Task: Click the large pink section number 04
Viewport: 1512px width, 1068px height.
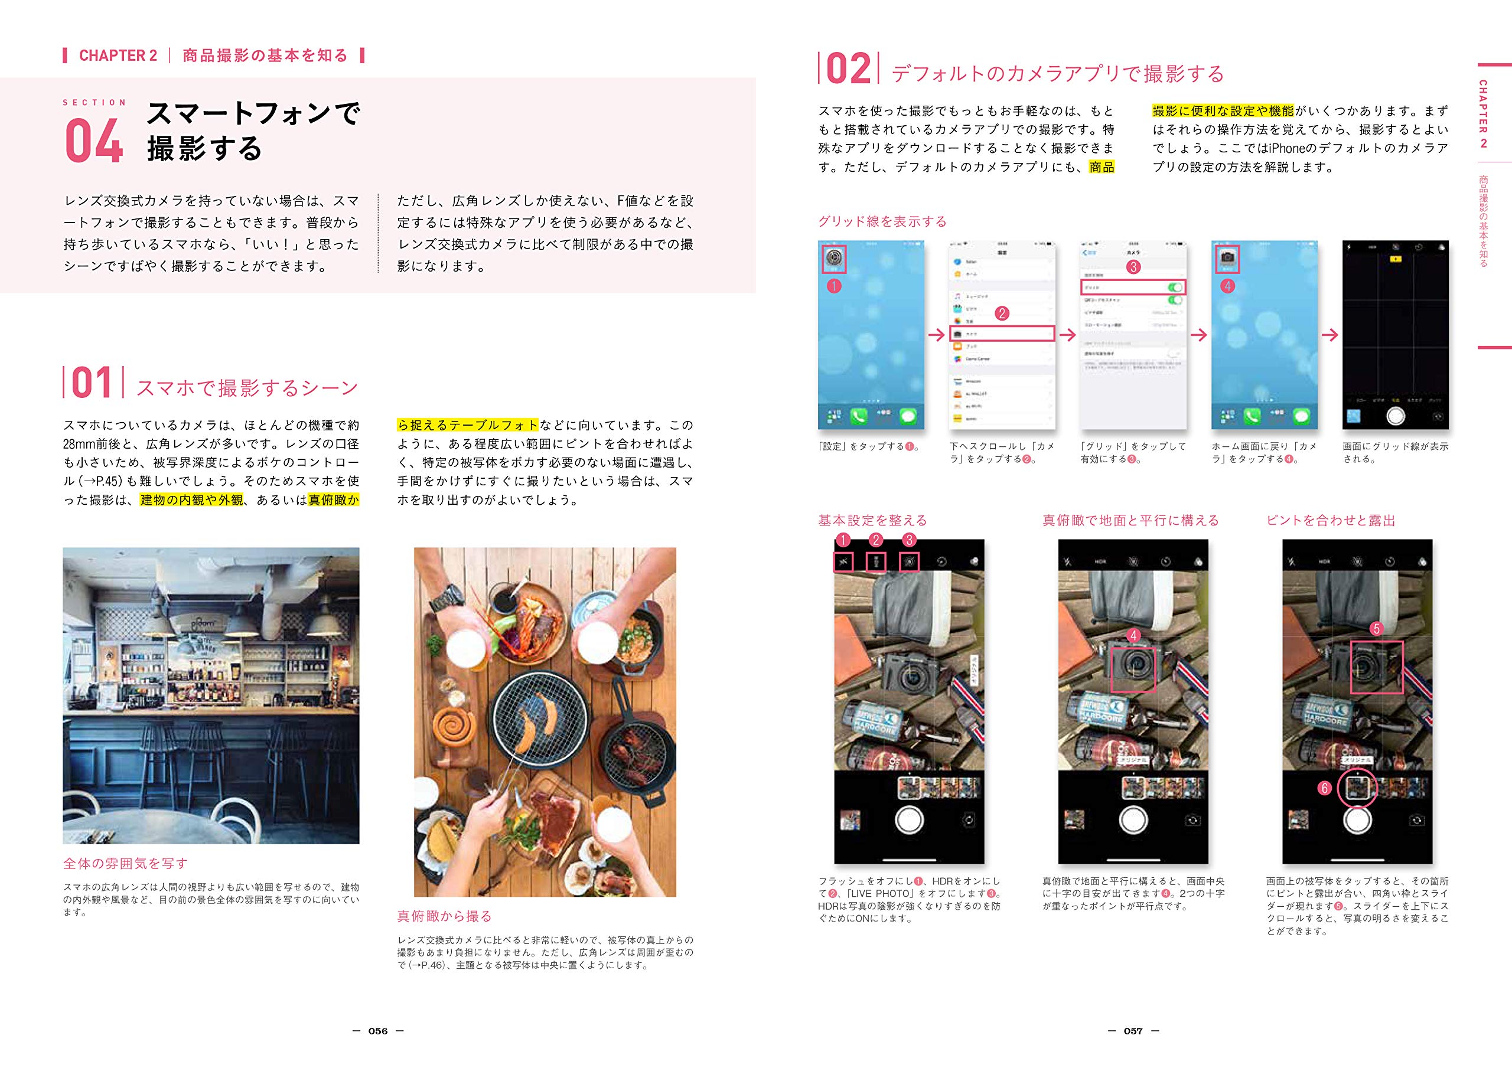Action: [94, 141]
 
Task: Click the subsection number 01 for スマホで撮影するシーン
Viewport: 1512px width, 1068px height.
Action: [92, 383]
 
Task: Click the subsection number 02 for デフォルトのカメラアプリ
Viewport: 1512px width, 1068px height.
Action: [848, 69]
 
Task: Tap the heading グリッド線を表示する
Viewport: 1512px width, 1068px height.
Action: [882, 221]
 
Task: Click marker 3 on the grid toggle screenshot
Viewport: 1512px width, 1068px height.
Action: [1133, 267]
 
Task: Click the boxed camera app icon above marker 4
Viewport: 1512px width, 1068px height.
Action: [1227, 258]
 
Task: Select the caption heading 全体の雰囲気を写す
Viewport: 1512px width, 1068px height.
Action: [125, 863]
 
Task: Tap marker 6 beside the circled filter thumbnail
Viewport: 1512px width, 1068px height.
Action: [1324, 788]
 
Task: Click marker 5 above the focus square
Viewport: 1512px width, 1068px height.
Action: [1376, 628]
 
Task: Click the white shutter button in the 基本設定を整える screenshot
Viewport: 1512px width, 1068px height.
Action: [909, 820]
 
